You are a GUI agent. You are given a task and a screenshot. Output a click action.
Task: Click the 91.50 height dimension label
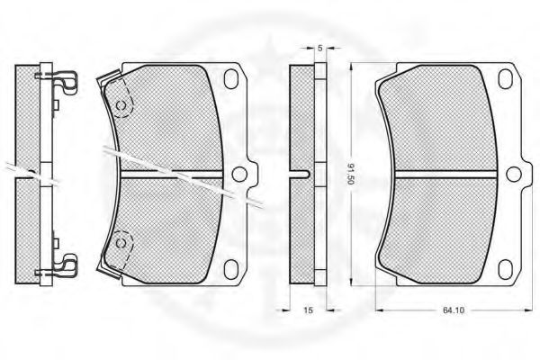click(x=351, y=174)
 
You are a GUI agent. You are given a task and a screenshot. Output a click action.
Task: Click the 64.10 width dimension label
click(x=454, y=310)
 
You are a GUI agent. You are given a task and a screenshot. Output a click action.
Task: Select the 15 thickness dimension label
click(x=308, y=310)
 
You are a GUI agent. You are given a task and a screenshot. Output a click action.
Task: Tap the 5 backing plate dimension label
click(x=320, y=49)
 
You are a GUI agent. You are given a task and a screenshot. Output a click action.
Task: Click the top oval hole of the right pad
click(x=506, y=78)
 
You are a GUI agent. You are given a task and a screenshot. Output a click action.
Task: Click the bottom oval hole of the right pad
click(x=506, y=269)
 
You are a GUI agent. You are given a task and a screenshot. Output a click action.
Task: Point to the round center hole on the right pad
click(x=514, y=174)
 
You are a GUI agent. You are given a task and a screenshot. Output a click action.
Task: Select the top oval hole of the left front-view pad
click(x=231, y=78)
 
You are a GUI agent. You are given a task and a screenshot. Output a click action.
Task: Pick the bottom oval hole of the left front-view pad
click(x=231, y=269)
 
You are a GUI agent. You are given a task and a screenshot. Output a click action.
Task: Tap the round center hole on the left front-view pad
click(x=239, y=174)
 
